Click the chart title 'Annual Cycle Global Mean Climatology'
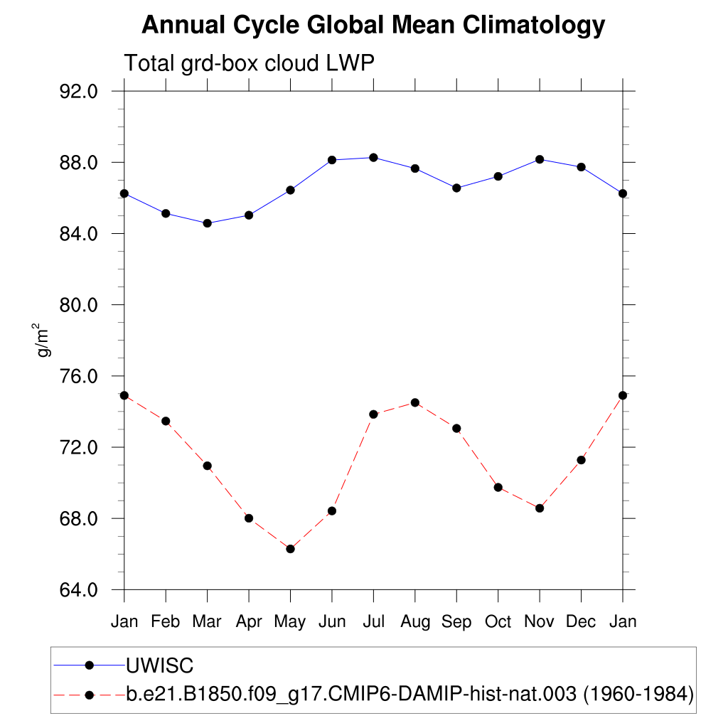pyautogui.click(x=373, y=26)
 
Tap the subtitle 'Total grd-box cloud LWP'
pyautogui.click(x=249, y=63)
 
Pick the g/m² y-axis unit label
pyautogui.click(x=43, y=341)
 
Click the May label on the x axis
pyautogui.click(x=290, y=622)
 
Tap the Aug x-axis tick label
pyautogui.click(x=415, y=622)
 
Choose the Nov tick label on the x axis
pyautogui.click(x=540, y=622)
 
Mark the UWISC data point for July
pyautogui.click(x=373, y=157)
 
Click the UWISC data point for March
pyautogui.click(x=207, y=223)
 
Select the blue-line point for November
pyautogui.click(x=540, y=159)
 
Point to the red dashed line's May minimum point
pyautogui.click(x=290, y=549)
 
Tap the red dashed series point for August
pyautogui.click(x=415, y=402)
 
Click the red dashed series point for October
pyautogui.click(x=498, y=488)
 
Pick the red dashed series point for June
pyautogui.click(x=332, y=511)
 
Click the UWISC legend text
pyautogui.click(x=160, y=665)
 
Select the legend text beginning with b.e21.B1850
pyautogui.click(x=409, y=694)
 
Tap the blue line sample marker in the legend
pyautogui.click(x=90, y=665)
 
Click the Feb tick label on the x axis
pyautogui.click(x=166, y=622)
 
